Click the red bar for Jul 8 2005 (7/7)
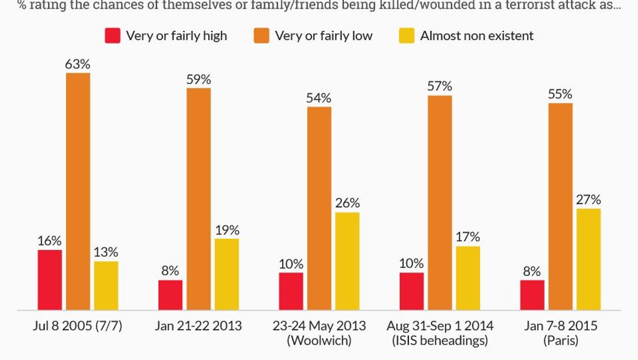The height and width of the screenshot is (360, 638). coord(50,280)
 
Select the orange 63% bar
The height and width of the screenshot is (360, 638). coord(78,192)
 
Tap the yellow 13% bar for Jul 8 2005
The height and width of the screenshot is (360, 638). coord(106,286)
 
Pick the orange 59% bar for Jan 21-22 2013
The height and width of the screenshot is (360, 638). coord(198,199)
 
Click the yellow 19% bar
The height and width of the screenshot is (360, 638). coord(227,274)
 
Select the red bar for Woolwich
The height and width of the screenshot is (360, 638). coord(291,291)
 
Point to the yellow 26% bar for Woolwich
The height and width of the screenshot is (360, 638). coord(347,261)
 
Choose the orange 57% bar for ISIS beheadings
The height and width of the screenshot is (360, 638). coord(440,203)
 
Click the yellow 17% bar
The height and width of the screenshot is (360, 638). coord(468,278)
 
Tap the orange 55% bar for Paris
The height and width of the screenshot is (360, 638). coord(561,206)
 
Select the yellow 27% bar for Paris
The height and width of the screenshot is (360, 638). coord(588,259)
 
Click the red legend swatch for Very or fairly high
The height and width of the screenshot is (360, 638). coord(112,36)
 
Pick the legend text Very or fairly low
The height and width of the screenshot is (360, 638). coord(323,36)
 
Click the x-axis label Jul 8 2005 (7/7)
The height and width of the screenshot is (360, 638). coord(78,326)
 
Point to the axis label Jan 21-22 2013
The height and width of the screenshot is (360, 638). coord(198,326)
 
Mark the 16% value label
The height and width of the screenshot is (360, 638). coord(49,241)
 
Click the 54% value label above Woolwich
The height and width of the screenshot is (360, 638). coord(319,98)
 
